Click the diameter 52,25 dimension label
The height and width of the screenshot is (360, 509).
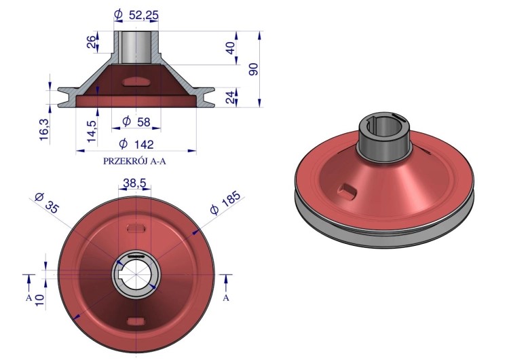[136, 15]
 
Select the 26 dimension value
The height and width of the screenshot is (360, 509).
[92, 42]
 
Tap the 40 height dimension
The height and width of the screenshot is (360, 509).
[230, 48]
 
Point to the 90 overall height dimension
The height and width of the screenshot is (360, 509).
[254, 69]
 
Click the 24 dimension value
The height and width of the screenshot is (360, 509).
[230, 97]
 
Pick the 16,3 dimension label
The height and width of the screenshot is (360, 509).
[45, 130]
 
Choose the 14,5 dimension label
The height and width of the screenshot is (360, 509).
[92, 131]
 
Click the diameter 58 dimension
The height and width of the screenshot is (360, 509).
[136, 122]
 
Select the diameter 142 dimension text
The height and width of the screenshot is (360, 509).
[136, 143]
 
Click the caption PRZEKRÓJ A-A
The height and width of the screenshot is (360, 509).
[134, 161]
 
